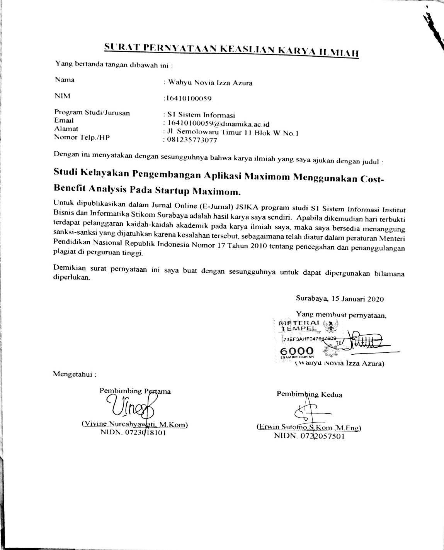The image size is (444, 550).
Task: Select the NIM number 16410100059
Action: [x=188, y=98]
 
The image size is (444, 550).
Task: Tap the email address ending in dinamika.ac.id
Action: [x=217, y=124]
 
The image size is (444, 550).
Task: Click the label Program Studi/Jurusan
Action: [x=92, y=113]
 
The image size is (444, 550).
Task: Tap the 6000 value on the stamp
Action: [x=297, y=350]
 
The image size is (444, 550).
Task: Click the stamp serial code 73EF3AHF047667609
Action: [x=310, y=339]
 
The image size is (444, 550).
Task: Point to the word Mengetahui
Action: [x=75, y=374]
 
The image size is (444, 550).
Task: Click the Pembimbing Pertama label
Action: [x=135, y=391]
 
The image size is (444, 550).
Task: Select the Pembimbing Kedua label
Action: [x=309, y=394]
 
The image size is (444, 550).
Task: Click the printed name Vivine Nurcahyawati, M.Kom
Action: [x=134, y=424]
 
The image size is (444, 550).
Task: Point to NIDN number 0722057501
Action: [x=322, y=436]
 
